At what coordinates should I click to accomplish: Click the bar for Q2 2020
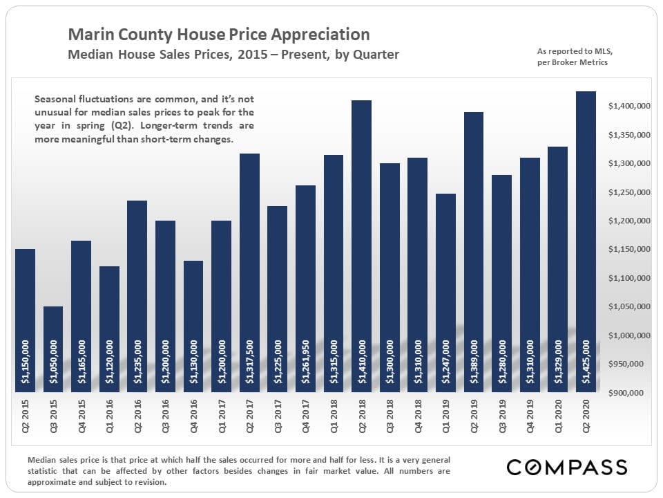(586, 242)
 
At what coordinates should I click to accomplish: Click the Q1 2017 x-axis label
(221, 423)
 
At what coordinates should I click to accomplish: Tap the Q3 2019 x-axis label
(501, 423)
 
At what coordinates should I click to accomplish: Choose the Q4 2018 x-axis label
(417, 423)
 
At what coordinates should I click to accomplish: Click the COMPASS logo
(567, 467)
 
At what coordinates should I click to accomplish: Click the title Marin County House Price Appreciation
(219, 35)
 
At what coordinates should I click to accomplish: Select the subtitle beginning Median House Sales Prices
(233, 55)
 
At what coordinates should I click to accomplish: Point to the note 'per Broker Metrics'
(573, 63)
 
